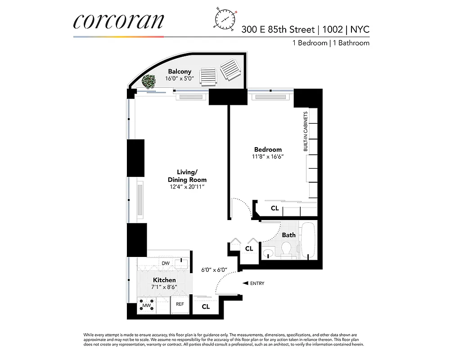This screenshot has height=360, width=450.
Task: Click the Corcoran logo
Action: [x=119, y=21]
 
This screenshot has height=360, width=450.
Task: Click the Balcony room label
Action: [x=180, y=71]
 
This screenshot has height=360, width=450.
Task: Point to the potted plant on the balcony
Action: [x=148, y=81]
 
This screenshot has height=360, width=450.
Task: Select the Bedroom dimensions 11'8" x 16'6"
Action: [x=268, y=157]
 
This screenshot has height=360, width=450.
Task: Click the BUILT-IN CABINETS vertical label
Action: [x=306, y=131]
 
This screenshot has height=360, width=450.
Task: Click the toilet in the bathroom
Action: [x=286, y=249]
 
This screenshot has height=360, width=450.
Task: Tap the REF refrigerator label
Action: [x=180, y=304]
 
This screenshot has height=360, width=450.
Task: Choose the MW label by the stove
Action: [x=146, y=306]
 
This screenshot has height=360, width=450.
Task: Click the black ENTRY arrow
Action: [x=245, y=283]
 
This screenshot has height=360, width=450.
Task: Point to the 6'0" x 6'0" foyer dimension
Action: [x=214, y=270]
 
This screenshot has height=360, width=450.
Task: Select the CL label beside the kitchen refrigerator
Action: [x=206, y=306]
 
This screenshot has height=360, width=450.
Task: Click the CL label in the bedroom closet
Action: [x=274, y=208]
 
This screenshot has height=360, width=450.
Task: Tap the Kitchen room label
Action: [x=164, y=280]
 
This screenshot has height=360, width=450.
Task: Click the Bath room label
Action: [x=289, y=235]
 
